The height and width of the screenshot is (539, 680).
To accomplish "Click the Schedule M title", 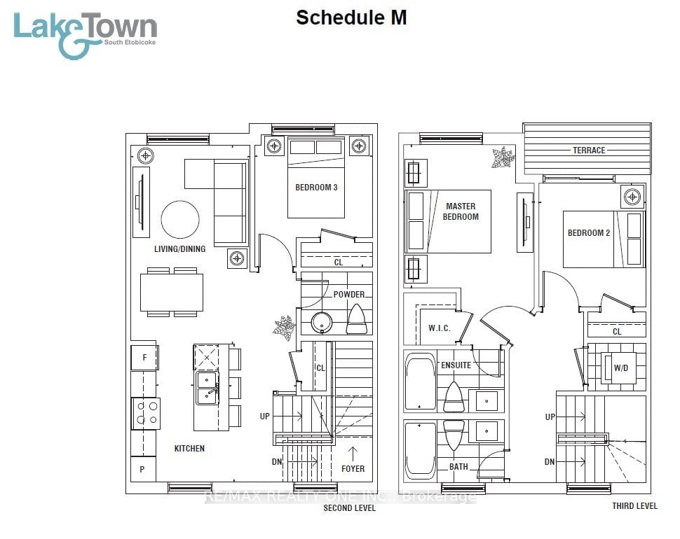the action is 351,18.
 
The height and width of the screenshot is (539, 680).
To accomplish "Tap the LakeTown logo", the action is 85,34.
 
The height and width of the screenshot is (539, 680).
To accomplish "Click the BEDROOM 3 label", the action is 316,188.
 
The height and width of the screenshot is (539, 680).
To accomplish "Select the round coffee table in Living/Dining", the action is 180,220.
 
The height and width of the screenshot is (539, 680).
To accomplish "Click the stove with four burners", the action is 146,413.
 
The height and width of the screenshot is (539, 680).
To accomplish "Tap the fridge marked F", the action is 144,357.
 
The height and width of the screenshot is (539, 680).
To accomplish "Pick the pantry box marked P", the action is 143,469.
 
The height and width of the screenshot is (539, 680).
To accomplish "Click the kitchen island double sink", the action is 207,388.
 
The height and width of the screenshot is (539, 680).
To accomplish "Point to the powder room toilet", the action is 357,319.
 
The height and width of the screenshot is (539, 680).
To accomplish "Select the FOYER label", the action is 353,468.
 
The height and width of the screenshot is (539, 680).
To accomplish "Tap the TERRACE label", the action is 589,150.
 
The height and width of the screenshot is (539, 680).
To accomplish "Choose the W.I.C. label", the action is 440,328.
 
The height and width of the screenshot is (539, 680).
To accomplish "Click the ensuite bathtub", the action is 420,381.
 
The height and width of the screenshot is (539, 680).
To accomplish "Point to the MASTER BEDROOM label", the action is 461,211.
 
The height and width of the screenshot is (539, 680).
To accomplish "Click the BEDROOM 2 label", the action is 589,233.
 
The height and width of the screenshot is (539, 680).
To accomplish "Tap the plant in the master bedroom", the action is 503,157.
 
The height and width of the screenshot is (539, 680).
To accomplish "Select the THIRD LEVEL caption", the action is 634,505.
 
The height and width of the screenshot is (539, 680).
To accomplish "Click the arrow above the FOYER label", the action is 353,454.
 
